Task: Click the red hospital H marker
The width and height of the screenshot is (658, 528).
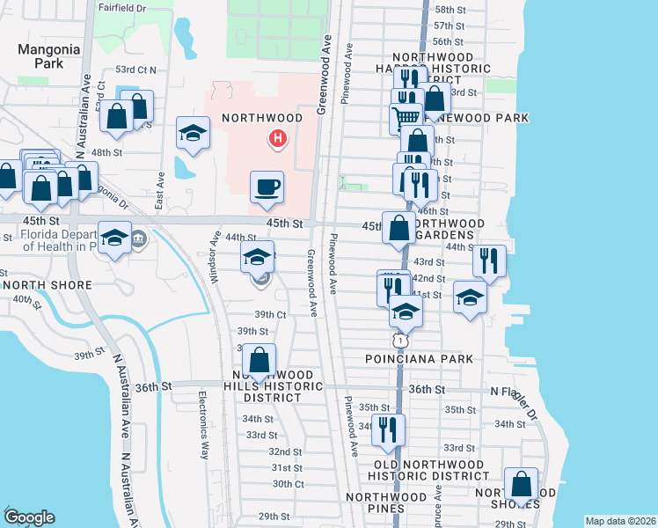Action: [x=278, y=138]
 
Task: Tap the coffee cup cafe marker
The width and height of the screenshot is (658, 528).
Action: [x=267, y=187]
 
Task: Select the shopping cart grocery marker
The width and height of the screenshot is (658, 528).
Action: [x=406, y=115]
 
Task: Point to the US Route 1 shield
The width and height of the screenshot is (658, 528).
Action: [x=400, y=339]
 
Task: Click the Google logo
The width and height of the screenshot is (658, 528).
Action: [x=29, y=517]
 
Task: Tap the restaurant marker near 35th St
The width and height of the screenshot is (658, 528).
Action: [x=388, y=429]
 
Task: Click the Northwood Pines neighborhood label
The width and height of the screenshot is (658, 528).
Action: [x=387, y=502]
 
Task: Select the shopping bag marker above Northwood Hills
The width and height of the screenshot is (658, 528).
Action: [x=259, y=360]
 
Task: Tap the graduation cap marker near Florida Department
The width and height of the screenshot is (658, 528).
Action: [x=114, y=238]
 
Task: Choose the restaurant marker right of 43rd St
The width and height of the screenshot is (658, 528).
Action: [x=489, y=261]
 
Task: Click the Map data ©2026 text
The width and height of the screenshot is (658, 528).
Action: [x=619, y=520]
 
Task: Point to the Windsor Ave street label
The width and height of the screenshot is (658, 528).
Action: [x=215, y=258]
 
